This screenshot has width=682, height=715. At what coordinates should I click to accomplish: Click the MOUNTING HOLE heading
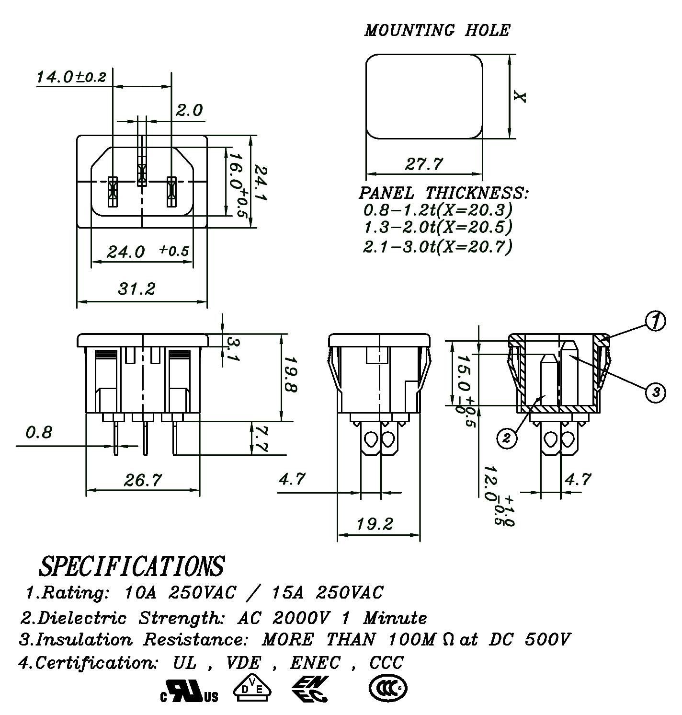point(437,30)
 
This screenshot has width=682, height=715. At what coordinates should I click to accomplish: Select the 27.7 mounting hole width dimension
point(424,164)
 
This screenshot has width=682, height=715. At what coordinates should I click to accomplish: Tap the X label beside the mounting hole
point(520,97)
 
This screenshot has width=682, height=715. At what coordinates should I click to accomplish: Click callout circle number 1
point(655,321)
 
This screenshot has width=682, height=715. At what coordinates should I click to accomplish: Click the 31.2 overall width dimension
point(136,289)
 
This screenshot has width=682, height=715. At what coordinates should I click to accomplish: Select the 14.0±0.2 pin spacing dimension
point(71,77)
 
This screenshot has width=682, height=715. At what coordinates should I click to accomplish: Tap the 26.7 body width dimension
point(143,479)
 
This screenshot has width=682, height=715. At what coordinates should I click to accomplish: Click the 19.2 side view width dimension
point(375,524)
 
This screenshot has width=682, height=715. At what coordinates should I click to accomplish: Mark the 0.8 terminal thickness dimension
point(39,433)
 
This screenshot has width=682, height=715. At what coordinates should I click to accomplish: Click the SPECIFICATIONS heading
point(131,566)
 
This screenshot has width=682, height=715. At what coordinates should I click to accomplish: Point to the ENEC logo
point(311,689)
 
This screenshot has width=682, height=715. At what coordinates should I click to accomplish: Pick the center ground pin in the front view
point(142,175)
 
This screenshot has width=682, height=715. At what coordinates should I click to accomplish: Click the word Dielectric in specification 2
point(82,618)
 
